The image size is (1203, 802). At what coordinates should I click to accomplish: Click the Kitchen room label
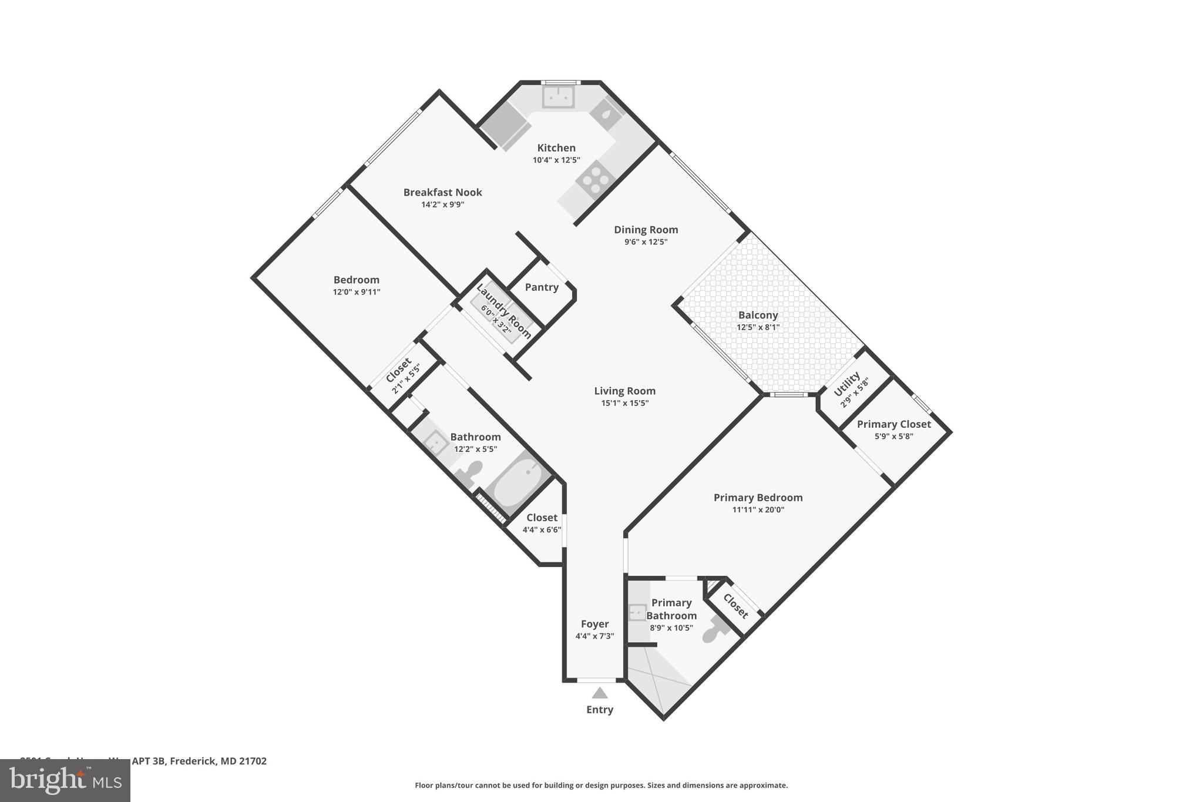tap(556, 148)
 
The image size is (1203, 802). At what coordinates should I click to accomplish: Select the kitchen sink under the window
tap(557, 97)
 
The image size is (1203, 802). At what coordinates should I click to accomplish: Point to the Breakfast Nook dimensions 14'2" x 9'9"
tap(442, 205)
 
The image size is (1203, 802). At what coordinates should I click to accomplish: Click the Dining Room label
tap(646, 230)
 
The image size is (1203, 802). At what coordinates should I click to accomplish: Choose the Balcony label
tap(758, 316)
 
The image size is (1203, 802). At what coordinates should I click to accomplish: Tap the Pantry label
tap(541, 287)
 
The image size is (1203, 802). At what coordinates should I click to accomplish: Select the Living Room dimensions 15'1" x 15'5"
tap(624, 403)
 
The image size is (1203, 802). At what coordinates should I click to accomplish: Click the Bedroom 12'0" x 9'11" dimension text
tap(356, 292)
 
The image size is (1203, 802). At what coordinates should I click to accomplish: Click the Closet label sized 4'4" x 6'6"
tap(541, 518)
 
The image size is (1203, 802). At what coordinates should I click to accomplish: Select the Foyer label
tap(594, 624)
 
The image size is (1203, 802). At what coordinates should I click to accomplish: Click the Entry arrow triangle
tap(599, 693)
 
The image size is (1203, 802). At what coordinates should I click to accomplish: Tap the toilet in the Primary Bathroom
tap(715, 631)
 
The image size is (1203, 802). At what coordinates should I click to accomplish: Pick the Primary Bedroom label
tap(758, 498)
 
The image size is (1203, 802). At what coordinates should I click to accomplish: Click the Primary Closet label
tap(893, 424)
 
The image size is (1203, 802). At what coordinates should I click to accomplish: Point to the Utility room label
tap(847, 384)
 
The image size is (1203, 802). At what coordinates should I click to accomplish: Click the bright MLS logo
tap(65, 780)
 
